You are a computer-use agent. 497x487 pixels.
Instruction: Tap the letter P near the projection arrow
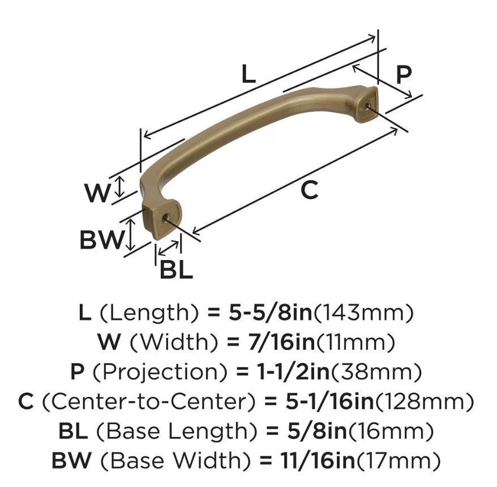coord(403,74)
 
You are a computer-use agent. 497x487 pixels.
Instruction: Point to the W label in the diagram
coord(97,194)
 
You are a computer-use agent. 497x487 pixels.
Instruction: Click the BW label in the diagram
coord(101,240)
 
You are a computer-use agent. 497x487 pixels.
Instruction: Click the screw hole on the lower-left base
coord(165,217)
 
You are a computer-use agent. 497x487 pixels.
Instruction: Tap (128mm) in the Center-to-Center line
coord(427,402)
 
